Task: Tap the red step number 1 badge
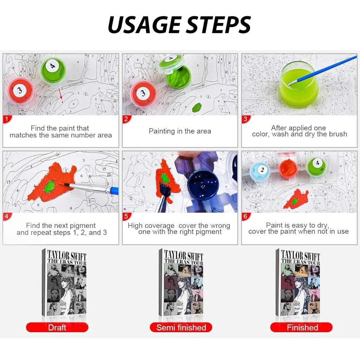7,119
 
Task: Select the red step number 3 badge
245,119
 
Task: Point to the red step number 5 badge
126,216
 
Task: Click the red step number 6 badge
245,216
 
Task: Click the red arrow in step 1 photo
60,94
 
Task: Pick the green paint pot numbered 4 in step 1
53,70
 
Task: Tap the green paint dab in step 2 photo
197,108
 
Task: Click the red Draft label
57,327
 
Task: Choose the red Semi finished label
181,327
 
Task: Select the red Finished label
301,327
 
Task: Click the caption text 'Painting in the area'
180,131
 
